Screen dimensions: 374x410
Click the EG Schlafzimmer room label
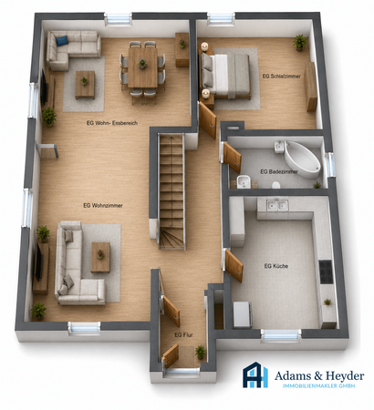point(281,77)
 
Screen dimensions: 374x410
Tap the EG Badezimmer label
point(279,172)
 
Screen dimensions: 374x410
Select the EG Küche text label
point(276,266)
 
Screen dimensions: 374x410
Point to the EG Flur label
point(183,335)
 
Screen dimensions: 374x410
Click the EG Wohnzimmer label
point(103,206)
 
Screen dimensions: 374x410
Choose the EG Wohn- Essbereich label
point(112,123)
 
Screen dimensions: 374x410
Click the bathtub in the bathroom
point(302,159)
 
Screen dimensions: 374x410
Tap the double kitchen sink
point(277,205)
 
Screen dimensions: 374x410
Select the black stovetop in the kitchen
point(325,272)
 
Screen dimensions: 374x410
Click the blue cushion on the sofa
point(62,41)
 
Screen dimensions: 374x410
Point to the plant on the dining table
point(142,64)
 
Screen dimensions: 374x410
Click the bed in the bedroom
point(225,76)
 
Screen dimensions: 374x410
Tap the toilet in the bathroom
point(276,185)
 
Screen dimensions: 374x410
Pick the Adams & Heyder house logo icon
point(255,374)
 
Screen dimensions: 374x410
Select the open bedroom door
point(208,120)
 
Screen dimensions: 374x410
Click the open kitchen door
point(234,266)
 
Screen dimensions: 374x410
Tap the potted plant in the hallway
point(201,353)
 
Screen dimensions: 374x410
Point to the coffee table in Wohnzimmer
point(100,257)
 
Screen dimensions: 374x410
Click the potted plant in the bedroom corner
point(300,43)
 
